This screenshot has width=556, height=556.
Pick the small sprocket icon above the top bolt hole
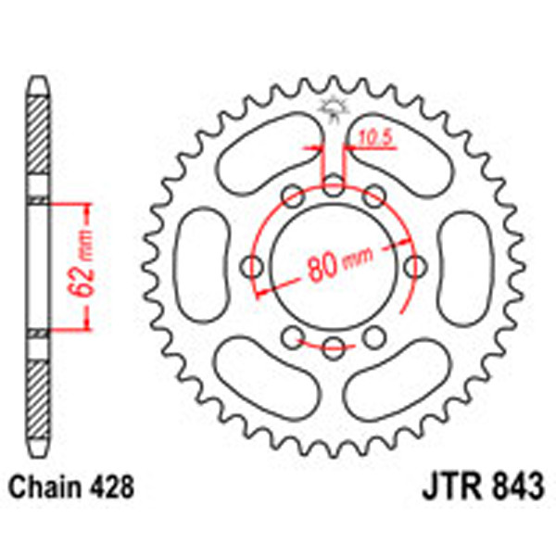coord(333,108)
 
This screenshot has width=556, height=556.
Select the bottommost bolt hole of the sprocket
coord(334,348)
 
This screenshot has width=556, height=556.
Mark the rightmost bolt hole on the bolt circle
coord(416,266)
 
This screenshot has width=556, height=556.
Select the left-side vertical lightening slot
coord(204,265)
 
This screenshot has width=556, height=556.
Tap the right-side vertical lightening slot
coord(462,265)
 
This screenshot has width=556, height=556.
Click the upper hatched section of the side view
coord(36,139)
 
